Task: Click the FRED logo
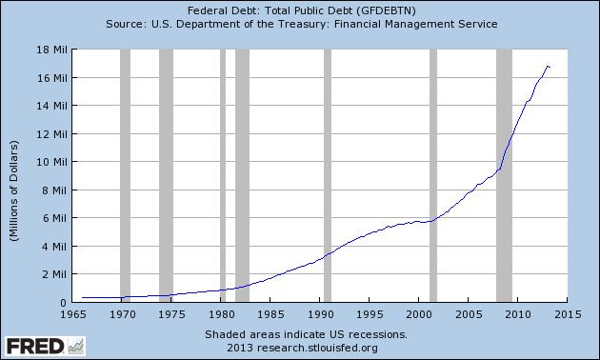pyautogui.click(x=36, y=344)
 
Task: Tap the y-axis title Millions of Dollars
pyautogui.click(x=15, y=175)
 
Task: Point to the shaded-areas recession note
pyautogui.click(x=306, y=334)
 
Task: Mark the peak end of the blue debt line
pyautogui.click(x=548, y=66)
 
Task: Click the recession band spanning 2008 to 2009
pyautogui.click(x=504, y=175)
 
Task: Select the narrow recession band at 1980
pyautogui.click(x=223, y=175)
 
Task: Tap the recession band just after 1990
pyautogui.click(x=328, y=175)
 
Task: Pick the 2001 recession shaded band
pyautogui.click(x=433, y=175)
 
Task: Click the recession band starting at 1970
pyautogui.click(x=125, y=175)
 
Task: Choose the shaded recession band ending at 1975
pyautogui.click(x=166, y=175)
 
